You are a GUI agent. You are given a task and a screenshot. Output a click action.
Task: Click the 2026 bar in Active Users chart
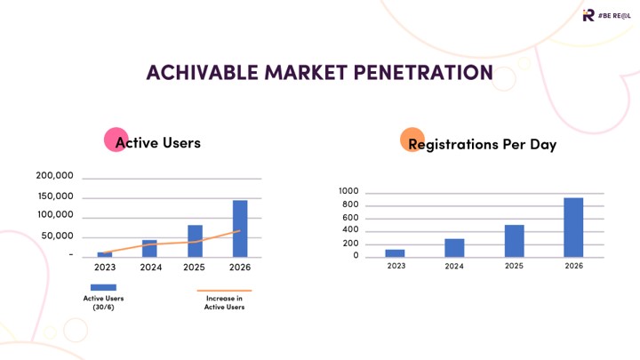tap(240, 228)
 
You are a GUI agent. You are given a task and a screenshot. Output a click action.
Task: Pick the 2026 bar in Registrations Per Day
tap(573, 227)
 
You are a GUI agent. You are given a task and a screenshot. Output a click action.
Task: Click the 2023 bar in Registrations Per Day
tap(395, 252)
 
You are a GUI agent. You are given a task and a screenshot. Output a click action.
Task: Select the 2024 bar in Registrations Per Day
tap(454, 247)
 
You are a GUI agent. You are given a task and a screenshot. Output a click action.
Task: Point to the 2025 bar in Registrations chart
tap(514, 240)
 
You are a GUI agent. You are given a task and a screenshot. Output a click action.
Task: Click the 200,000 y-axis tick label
tap(54, 177)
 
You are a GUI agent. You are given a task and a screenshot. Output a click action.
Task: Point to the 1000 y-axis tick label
tap(348, 192)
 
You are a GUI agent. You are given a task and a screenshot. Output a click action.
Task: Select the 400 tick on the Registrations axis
tap(351, 230)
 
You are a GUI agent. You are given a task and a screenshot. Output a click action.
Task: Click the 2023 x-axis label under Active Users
tap(105, 267)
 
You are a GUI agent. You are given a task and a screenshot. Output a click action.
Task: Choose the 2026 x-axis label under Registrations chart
tap(573, 266)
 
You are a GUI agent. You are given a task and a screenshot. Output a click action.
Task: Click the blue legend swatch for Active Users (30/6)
tap(103, 287)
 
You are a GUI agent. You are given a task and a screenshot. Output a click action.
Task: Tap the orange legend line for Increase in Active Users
tap(224, 290)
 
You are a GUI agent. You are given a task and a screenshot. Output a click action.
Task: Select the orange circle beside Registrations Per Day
tap(411, 139)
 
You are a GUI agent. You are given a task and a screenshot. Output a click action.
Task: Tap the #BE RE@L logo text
tap(616, 15)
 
